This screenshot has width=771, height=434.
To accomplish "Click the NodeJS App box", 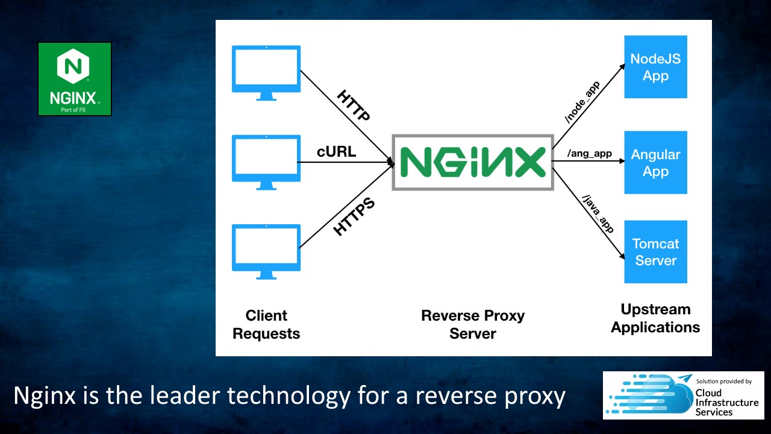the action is [x=656, y=67].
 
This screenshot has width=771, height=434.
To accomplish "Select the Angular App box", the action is [x=656, y=162].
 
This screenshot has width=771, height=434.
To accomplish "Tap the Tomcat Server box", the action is [x=656, y=252].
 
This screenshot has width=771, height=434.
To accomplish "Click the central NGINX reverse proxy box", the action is [x=473, y=162].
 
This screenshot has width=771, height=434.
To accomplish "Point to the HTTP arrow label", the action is [x=354, y=105].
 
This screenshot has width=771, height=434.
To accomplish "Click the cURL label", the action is [x=336, y=151].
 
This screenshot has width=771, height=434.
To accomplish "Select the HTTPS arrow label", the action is [x=354, y=216].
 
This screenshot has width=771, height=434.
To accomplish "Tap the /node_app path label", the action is [x=582, y=102].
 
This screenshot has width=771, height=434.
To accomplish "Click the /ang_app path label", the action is [x=589, y=154].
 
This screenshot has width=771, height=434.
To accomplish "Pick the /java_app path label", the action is [x=598, y=214].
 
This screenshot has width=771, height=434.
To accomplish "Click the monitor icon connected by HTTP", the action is [x=266, y=73].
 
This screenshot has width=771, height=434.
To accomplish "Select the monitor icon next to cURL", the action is [x=266, y=162].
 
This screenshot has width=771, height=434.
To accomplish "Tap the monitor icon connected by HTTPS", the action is [x=266, y=252].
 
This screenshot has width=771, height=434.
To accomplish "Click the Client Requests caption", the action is [x=266, y=324].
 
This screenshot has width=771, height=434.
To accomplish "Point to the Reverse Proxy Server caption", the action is [x=473, y=324].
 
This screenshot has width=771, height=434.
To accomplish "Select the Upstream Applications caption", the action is [x=655, y=318].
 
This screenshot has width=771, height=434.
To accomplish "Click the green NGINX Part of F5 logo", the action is [x=75, y=79].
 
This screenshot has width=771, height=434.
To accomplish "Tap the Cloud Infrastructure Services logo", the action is [x=683, y=395].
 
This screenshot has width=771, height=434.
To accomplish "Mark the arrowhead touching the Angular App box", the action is [x=622, y=161].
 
